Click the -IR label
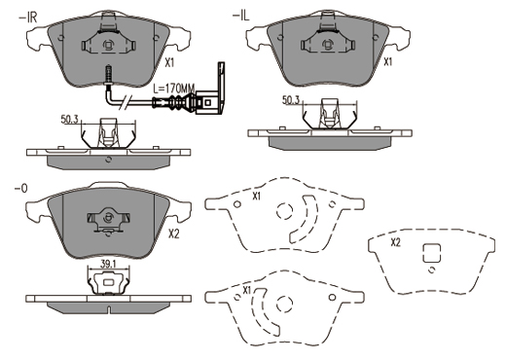click(x=28, y=18)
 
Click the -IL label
click(x=240, y=16)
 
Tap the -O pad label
click(x=21, y=189)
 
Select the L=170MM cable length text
click(x=174, y=88)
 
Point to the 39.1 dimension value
click(x=108, y=264)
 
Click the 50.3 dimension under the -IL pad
click(x=291, y=100)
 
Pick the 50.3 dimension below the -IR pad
click(x=69, y=120)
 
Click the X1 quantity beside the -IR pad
click(x=169, y=62)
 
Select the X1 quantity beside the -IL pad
click(x=388, y=61)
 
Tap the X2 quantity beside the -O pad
click(x=173, y=234)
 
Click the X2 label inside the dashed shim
click(x=396, y=242)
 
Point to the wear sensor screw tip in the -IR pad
click(x=107, y=66)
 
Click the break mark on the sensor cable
click(x=126, y=102)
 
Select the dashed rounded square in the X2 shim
click(x=432, y=253)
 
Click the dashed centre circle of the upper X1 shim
click(x=285, y=211)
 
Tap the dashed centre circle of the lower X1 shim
click(x=284, y=304)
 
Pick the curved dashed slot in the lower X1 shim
click(x=260, y=312)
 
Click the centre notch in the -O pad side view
click(x=109, y=309)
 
